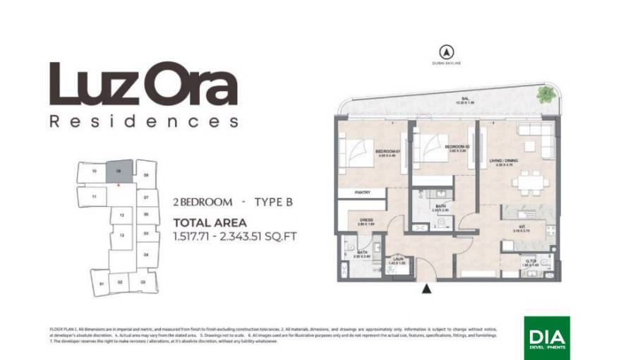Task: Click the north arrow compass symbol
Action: pos(445,52)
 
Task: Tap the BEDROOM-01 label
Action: pos(387,152)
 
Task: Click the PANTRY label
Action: pos(363,191)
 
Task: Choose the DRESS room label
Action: pos(366,220)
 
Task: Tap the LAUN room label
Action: pos(397,260)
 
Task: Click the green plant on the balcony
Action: pos(545,94)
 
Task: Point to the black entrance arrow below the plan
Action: pos(426,288)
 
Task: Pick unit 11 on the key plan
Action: pos(94,197)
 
